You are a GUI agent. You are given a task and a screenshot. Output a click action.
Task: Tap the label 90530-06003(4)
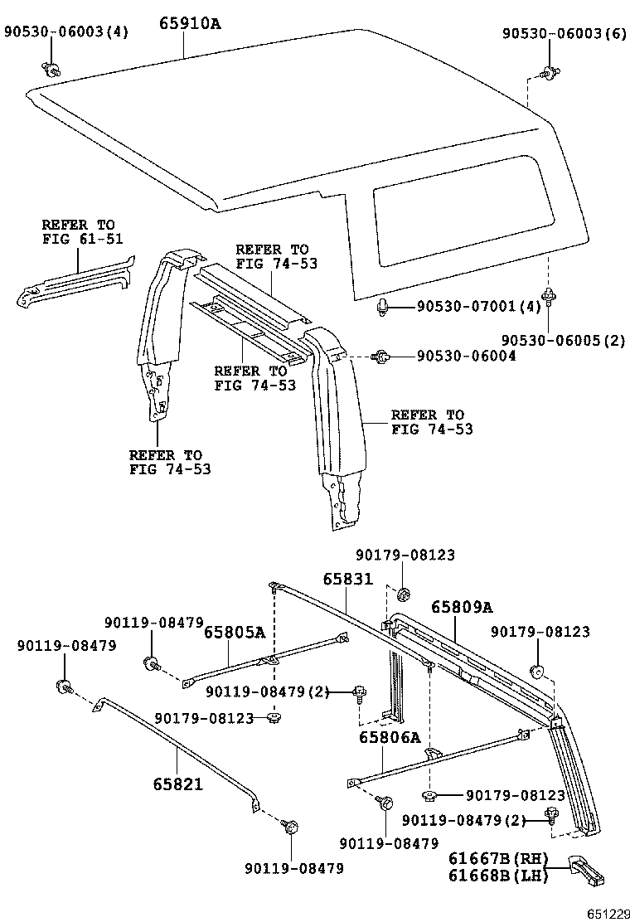click(66, 32)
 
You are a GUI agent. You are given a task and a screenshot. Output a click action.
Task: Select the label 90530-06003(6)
click(565, 33)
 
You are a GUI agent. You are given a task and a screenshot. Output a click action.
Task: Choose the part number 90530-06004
click(466, 356)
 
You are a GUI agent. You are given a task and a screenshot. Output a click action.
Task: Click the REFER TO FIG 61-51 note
click(79, 232)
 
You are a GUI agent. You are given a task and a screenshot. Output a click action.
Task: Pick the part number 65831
click(348, 580)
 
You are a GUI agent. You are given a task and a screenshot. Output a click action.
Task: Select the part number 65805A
click(235, 633)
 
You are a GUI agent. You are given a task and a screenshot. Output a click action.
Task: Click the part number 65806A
click(390, 737)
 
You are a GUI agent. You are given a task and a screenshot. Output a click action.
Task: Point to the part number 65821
click(177, 783)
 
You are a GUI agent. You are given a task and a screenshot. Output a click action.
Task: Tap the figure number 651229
click(609, 913)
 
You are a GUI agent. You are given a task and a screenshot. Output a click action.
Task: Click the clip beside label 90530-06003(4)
click(51, 69)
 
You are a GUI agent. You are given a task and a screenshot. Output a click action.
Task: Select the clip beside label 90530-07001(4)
click(383, 308)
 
